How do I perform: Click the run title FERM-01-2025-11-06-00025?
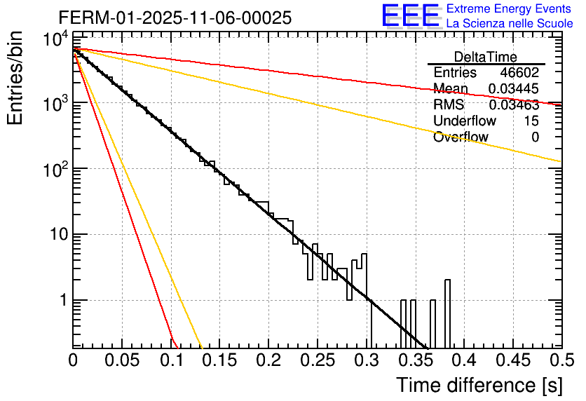click(x=175, y=18)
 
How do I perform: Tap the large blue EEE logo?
click(x=410, y=17)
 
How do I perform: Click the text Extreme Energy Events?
click(x=510, y=9)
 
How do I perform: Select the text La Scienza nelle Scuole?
click(x=510, y=24)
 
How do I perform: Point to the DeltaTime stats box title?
click(x=486, y=57)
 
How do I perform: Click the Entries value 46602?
click(x=519, y=73)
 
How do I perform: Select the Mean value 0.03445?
click(x=513, y=89)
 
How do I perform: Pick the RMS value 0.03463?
click(x=513, y=105)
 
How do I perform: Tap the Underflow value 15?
click(x=531, y=121)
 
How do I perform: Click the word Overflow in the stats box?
click(x=461, y=137)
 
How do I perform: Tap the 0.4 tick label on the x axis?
click(x=464, y=360)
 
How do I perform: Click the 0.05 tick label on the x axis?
click(x=122, y=360)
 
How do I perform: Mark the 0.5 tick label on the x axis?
click(x=560, y=360)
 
